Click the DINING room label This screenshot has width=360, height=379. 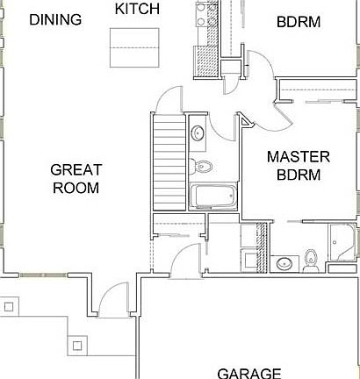click(55, 19)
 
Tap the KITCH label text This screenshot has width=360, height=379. click(138, 9)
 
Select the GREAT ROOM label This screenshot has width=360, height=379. click(76, 178)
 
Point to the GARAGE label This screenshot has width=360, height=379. click(248, 372)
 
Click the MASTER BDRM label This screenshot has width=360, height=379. click(298, 165)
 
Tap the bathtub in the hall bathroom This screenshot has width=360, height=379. click(212, 197)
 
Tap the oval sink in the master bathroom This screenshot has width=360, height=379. click(284, 262)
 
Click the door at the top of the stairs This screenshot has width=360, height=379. click(168, 101)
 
